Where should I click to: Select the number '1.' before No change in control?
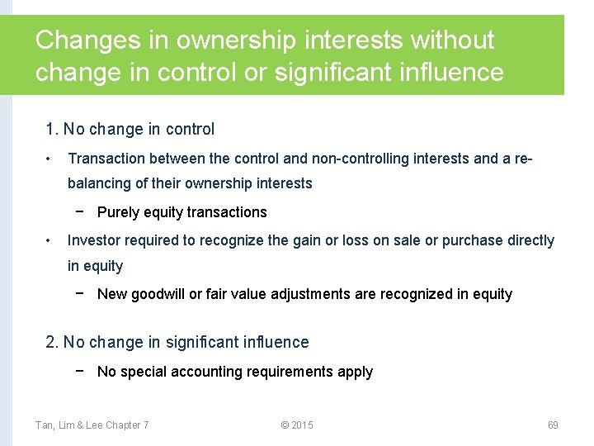coord(53,130)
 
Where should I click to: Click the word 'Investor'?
coord(94,240)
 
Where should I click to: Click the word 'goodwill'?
coord(158,294)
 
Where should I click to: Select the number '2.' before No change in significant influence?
coord(53,343)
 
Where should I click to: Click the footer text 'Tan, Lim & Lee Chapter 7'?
coord(92,425)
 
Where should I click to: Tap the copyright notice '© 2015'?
coord(297,425)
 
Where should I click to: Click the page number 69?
coord(553,425)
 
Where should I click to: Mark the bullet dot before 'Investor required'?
coord(50,240)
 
